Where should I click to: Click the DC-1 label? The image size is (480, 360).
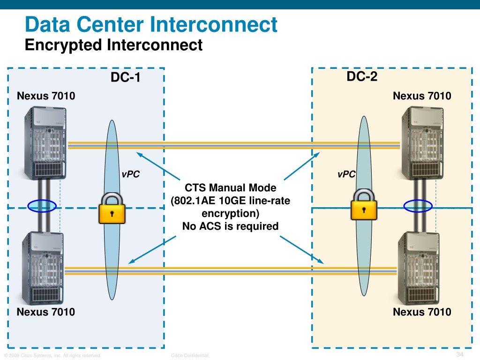pos(126,77)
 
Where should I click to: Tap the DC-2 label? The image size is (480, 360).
pos(362,76)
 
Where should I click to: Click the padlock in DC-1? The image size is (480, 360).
pos(112,208)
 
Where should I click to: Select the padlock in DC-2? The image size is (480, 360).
pos(364,204)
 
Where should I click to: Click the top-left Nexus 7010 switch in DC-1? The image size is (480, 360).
pos(45,142)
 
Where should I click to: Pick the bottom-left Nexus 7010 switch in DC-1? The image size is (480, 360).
pos(43,268)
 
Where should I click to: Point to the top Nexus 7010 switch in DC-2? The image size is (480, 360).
pos(422,142)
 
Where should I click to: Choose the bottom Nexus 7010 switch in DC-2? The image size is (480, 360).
pos(419,268)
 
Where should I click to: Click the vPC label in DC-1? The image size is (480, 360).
pos(131,174)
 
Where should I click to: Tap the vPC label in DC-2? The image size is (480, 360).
pos(346,174)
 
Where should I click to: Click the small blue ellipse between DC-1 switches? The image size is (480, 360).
pos(42,206)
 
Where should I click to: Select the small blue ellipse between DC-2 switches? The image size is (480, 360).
pos(418,206)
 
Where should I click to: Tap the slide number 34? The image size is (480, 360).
pos(460,354)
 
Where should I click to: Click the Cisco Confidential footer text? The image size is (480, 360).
pos(189,355)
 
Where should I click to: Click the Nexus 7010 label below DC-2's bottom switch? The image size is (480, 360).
pos(422,312)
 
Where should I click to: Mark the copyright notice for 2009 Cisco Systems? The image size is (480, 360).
pos(52,355)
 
